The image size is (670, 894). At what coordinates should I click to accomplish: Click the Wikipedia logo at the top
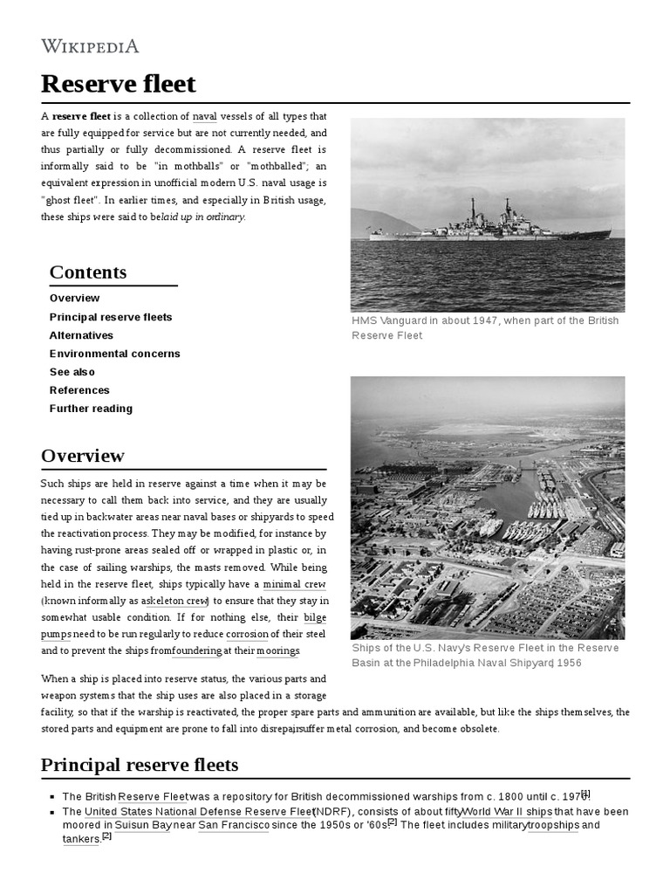[90, 45]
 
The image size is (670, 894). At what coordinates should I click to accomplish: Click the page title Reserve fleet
[118, 84]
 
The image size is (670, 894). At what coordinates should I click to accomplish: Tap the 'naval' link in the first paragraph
[205, 116]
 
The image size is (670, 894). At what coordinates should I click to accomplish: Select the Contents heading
[88, 272]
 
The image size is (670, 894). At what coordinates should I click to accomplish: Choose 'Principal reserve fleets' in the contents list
[111, 317]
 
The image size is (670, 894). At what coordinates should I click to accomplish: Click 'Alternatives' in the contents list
[81, 335]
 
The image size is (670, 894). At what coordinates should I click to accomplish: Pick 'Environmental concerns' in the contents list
[114, 354]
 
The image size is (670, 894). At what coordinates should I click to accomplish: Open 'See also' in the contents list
[72, 372]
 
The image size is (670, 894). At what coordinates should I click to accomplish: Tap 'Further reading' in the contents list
[91, 409]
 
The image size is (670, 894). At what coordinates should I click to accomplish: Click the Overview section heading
[83, 456]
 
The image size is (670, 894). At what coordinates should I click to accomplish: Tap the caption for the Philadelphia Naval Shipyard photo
[485, 656]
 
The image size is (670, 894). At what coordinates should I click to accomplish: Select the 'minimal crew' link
[296, 583]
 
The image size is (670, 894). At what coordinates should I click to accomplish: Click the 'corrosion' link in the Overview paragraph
[247, 634]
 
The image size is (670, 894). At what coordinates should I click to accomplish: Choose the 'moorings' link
[277, 651]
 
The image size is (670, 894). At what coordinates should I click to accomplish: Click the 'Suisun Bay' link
[142, 825]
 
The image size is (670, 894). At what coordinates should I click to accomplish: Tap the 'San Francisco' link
[233, 825]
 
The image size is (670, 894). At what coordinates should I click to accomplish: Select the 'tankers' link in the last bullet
[81, 839]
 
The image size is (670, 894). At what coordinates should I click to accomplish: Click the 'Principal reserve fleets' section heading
[139, 765]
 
